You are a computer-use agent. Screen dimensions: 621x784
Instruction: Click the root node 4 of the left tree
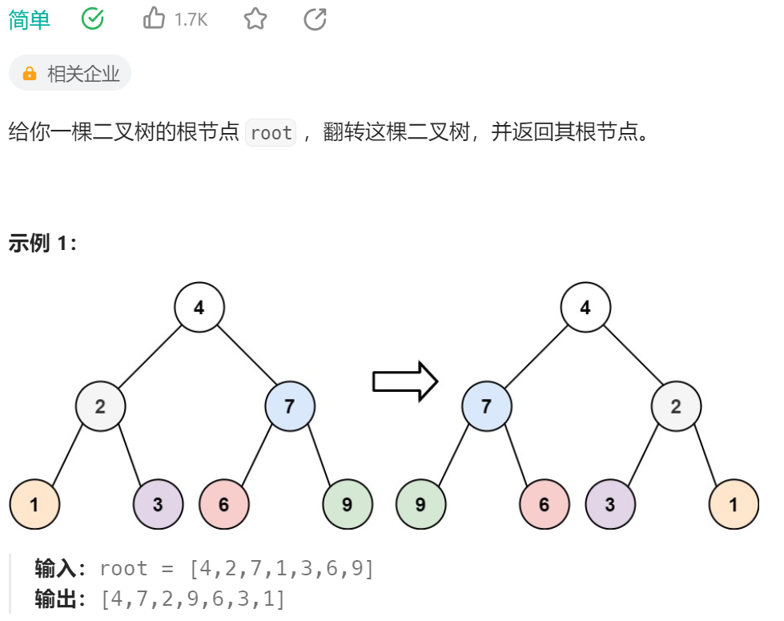199,307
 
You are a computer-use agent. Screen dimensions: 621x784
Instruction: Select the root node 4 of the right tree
585,307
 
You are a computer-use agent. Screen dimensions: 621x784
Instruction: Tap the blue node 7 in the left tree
290,406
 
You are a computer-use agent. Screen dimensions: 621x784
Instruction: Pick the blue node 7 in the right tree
487,406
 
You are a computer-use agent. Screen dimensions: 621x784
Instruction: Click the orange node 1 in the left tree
34,505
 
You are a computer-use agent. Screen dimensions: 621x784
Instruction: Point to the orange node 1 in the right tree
734,505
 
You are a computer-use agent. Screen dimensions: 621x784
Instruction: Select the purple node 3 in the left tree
159,505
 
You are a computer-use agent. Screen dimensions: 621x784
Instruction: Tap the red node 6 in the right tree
545,505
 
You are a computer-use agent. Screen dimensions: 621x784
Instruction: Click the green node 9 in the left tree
348,505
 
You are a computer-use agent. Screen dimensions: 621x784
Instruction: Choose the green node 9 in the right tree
421,505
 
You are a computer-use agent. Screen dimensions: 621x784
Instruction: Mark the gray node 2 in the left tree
100,406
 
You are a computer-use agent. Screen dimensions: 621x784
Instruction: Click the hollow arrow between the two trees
405,381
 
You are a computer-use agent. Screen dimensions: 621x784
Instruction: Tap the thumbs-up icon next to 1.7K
154,18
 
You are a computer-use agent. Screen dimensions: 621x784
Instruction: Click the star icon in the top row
255,18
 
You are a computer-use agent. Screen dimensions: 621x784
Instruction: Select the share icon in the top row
316,18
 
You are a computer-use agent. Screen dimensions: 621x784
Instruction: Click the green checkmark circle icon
93,18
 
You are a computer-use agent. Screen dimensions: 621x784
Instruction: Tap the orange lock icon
30,74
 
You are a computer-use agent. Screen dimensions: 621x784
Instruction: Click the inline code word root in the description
271,133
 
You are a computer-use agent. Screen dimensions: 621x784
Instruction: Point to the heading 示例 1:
42,244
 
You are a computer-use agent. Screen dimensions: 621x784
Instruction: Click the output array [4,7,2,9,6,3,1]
192,599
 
